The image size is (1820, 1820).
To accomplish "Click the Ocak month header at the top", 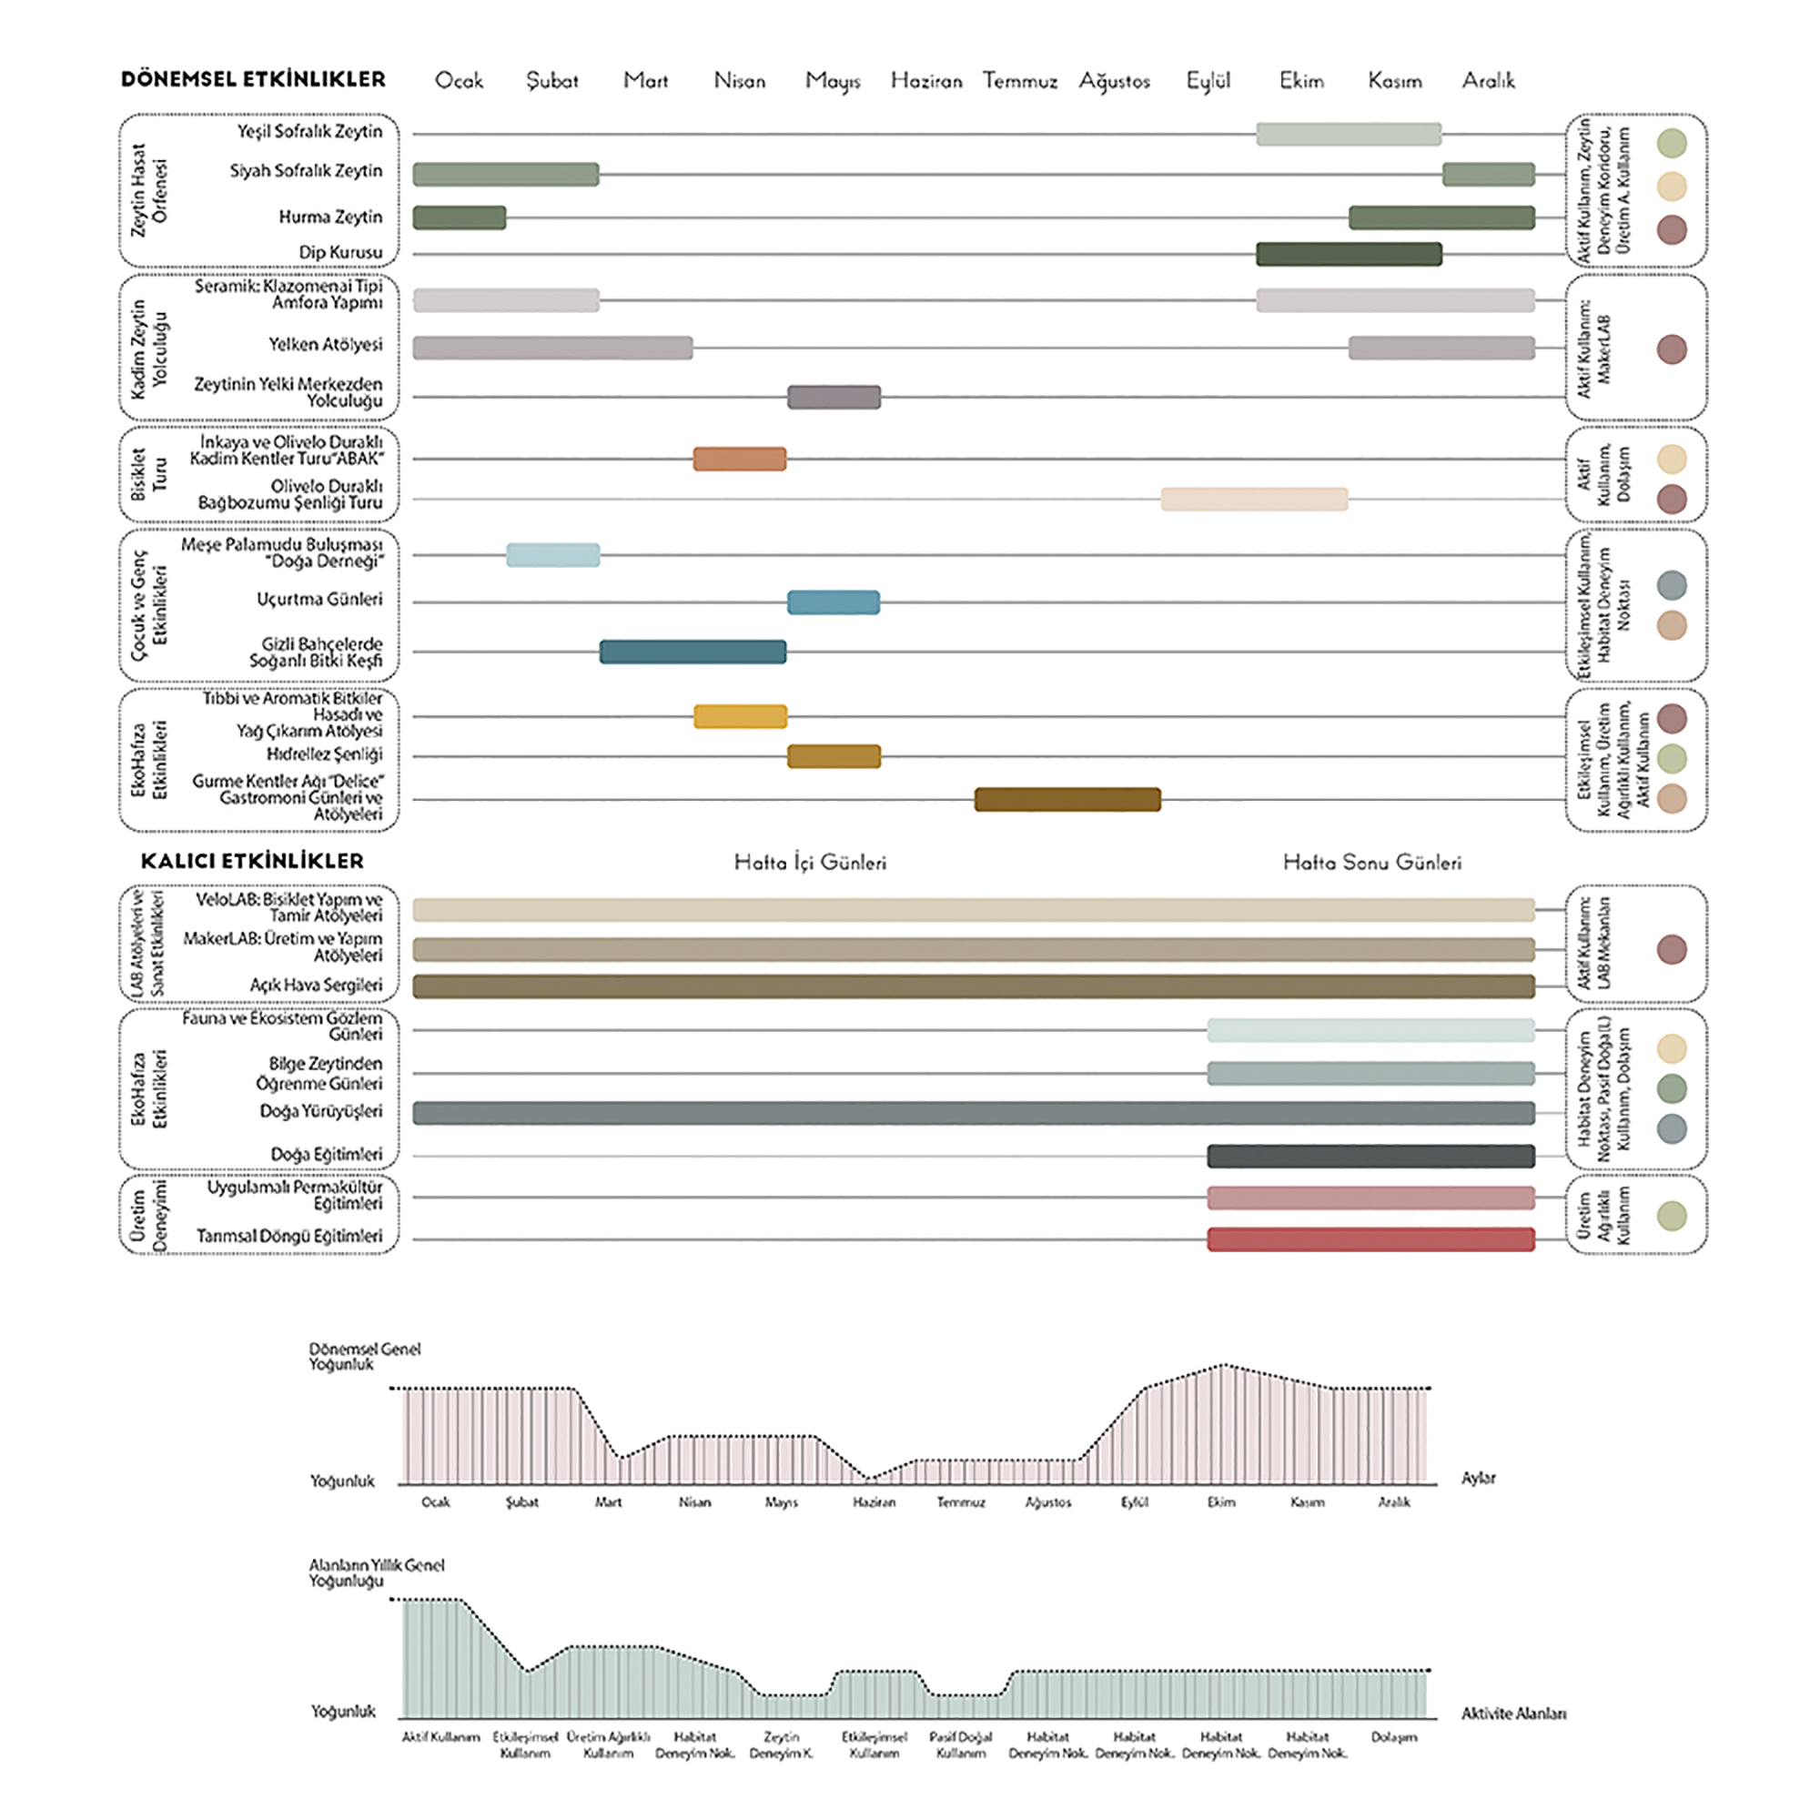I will (x=459, y=81).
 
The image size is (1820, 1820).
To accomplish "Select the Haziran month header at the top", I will (x=926, y=81).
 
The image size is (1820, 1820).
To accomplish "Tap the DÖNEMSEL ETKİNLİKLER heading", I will (x=253, y=79).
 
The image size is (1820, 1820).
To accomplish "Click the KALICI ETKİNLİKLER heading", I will (x=251, y=861).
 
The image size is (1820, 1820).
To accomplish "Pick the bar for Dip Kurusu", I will (x=1348, y=253).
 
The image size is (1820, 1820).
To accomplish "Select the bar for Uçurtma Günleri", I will (x=833, y=602).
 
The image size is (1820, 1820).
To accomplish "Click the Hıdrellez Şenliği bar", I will (x=834, y=755).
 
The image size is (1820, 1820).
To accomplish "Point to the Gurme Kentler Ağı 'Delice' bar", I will (x=1067, y=799).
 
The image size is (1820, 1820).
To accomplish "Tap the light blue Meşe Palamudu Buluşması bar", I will (x=552, y=555).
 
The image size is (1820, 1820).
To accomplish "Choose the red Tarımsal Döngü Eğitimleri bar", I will (x=1370, y=1239).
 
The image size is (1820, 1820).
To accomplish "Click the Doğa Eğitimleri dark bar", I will (x=1370, y=1156).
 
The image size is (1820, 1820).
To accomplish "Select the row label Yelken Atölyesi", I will (x=325, y=345).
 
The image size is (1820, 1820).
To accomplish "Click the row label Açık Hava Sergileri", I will (x=316, y=985).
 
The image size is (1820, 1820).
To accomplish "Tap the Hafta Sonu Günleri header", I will (x=1371, y=862).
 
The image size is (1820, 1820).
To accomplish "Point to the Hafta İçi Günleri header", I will (x=810, y=862).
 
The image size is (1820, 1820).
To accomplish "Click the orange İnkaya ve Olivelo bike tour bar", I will (x=740, y=459).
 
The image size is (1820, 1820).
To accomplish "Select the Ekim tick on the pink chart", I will (x=1221, y=1501).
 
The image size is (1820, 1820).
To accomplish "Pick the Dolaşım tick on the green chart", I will (x=1393, y=1736).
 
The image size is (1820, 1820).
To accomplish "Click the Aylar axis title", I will (x=1478, y=1478).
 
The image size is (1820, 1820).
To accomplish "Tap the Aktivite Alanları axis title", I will (x=1513, y=1714).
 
